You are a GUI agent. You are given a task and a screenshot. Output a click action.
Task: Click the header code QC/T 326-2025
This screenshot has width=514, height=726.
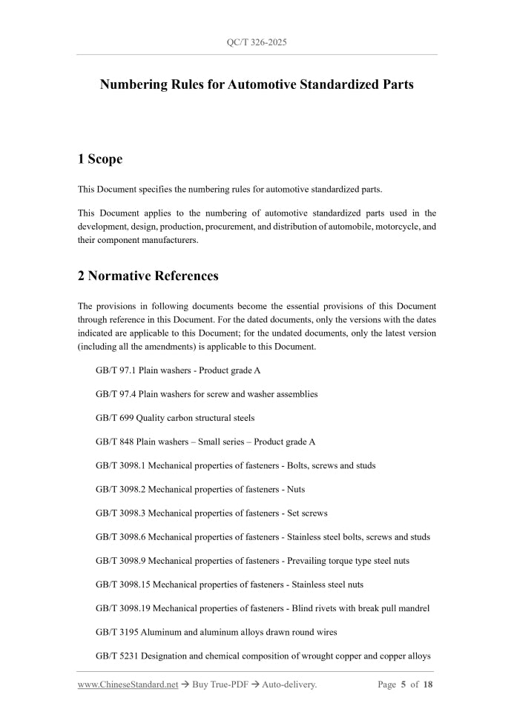coord(256,42)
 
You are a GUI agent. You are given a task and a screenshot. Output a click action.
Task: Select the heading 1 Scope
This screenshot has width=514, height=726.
coord(100,159)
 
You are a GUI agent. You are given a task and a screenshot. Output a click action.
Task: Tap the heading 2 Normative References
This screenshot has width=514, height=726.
coord(148,276)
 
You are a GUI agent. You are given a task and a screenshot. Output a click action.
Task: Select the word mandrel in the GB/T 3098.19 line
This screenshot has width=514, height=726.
coord(414,608)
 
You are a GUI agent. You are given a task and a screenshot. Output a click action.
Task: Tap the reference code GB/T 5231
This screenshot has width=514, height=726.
coord(117,656)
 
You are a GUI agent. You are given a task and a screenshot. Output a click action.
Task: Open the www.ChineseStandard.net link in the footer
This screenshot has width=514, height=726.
coord(128,685)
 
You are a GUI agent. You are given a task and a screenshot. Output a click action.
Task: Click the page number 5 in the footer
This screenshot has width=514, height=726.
coord(403,685)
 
